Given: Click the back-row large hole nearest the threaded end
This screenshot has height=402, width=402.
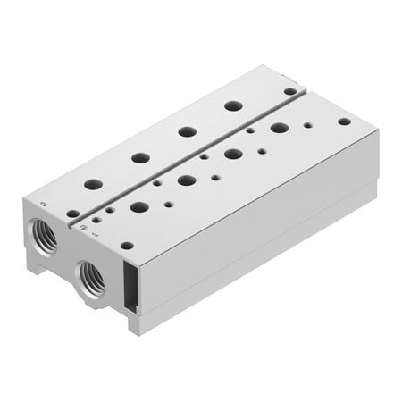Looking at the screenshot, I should (93, 185).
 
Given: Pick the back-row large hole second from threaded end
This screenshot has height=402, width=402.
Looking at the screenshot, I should (139, 158).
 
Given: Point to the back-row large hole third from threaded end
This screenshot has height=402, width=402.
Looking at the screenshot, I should (187, 131).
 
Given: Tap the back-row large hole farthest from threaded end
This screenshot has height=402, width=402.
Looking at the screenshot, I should (233, 105).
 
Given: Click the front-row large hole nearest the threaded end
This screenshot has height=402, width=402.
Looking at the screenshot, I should (139, 207).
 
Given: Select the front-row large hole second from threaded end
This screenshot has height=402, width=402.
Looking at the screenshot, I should (187, 180).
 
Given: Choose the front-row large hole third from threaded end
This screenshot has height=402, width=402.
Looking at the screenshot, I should (233, 154).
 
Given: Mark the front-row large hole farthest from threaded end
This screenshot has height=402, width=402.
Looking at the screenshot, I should (280, 127).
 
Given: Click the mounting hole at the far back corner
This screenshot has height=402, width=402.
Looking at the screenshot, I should (289, 90).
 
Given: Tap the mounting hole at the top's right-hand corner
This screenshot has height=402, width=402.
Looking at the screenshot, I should (344, 121).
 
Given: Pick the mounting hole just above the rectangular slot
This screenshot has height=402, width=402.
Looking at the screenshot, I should (128, 246).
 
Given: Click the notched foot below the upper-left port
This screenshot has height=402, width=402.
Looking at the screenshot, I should (42, 263).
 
